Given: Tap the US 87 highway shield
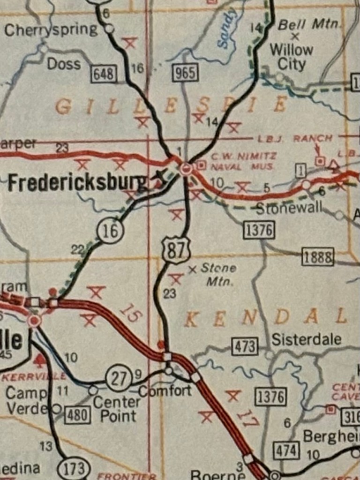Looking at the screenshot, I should tap(176, 249).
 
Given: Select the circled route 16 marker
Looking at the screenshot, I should tap(111, 232).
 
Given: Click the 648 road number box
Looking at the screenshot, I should tap(104, 74).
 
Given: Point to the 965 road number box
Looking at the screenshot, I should tap(185, 73).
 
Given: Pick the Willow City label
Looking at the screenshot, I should tap(291, 57).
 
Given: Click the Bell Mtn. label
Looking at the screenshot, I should tap(309, 25).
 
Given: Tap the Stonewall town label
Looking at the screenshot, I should tap(289, 208).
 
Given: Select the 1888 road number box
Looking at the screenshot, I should tap(318, 257).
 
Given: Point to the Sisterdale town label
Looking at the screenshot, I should tap(306, 339).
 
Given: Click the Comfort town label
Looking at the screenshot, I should tap(165, 390).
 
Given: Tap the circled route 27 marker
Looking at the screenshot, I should tap(119, 378).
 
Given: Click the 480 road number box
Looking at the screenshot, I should tap(77, 415).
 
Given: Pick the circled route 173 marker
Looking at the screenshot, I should tap(74, 468).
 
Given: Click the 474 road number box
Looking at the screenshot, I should tap(286, 450).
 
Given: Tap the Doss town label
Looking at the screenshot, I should tap(64, 64).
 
